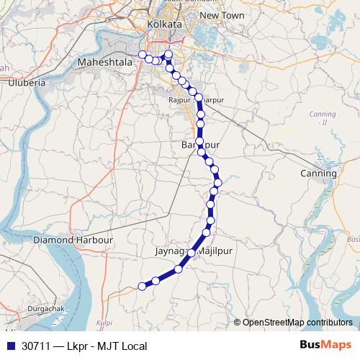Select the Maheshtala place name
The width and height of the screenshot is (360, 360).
[105, 63]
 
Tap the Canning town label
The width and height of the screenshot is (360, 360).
[319, 174]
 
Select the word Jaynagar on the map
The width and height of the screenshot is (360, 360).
[171, 252]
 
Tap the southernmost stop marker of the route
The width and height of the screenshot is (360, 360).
[143, 287]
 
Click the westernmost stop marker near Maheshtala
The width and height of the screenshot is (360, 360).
[143, 55]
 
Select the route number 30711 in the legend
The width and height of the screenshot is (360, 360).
[37, 346]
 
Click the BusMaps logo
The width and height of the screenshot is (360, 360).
[326, 346]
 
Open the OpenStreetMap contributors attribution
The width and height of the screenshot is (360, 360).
[297, 323]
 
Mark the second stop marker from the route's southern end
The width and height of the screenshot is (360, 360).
[156, 281]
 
